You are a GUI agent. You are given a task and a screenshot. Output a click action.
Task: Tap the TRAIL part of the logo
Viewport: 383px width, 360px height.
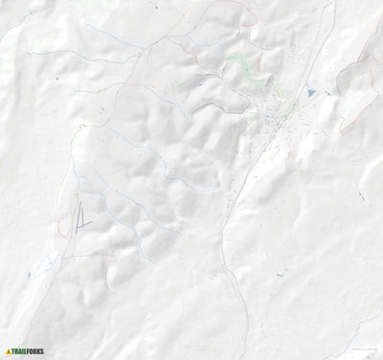20,351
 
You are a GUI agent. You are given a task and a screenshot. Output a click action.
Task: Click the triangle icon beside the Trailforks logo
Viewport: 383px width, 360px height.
9,351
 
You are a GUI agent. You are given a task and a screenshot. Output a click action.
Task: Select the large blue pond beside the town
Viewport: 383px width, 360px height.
311,93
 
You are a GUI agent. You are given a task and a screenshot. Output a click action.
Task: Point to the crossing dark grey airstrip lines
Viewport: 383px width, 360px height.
82,218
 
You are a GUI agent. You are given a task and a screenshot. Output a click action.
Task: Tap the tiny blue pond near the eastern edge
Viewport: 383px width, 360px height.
362,195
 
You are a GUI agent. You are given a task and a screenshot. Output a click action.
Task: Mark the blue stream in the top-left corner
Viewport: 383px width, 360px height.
19,29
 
